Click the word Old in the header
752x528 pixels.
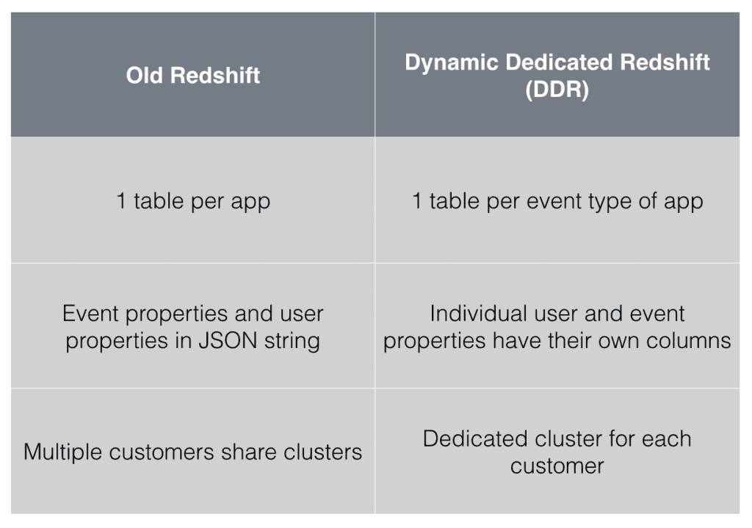point(145,75)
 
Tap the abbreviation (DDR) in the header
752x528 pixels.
point(557,92)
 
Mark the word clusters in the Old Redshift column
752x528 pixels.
point(328,451)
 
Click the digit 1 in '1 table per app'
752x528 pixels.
point(121,200)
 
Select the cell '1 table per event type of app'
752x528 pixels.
point(557,200)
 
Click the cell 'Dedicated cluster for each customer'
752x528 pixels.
point(557,451)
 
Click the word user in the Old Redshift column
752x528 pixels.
point(300,314)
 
